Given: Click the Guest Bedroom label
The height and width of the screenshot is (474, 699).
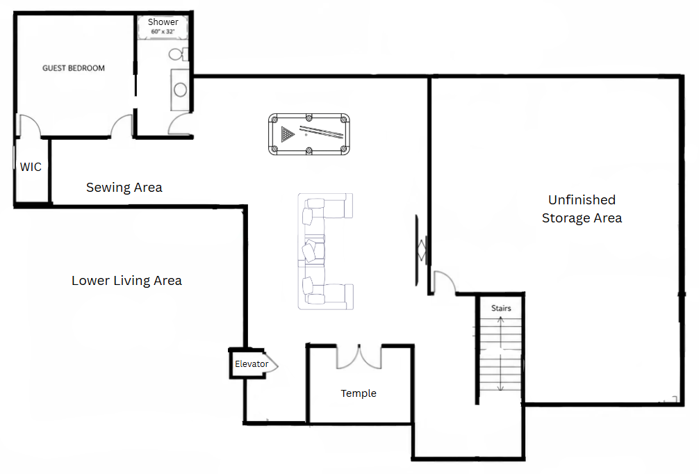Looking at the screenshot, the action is pos(74,68).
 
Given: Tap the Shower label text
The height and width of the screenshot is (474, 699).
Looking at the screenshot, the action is pos(163,22).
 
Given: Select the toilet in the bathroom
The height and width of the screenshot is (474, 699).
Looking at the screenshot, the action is pos(178,54).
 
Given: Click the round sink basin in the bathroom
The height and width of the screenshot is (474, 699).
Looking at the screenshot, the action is pos(180,90).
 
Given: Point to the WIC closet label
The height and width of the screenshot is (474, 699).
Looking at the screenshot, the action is pos(31,167).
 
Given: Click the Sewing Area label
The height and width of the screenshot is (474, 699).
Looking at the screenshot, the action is pos(124,187).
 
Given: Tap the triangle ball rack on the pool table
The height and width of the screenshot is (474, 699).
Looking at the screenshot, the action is pos(288,133).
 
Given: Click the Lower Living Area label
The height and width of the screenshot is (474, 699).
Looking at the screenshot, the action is pos(126,281).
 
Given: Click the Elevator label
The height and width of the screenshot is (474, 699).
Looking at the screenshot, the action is pos(252,364).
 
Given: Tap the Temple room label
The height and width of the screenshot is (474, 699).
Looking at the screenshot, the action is pos(359,393).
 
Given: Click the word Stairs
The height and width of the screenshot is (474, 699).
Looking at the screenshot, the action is pos(501,308).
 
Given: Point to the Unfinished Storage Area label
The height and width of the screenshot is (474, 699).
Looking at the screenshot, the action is pos(582,209).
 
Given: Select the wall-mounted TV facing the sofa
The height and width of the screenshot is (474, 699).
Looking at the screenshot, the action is pos(418,251).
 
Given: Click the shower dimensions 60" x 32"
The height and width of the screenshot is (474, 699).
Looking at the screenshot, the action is pos(163,32).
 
